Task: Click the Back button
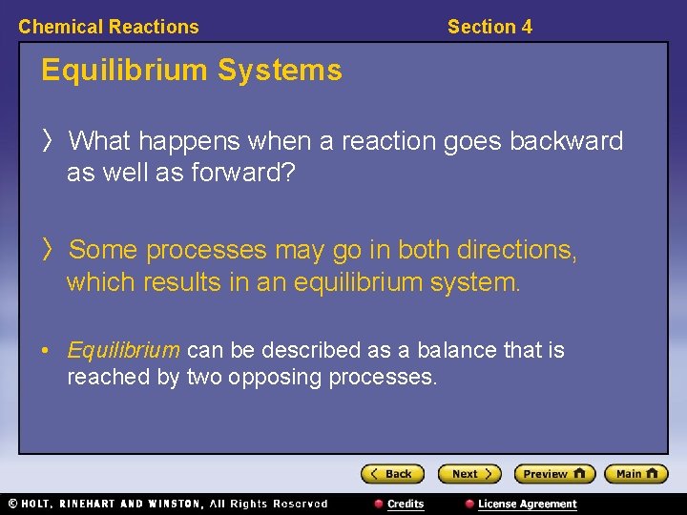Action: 392,474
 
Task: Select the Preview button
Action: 553,474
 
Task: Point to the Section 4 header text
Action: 489,27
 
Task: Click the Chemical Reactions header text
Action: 109,27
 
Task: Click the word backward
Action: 566,142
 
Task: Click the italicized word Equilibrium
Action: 123,351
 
